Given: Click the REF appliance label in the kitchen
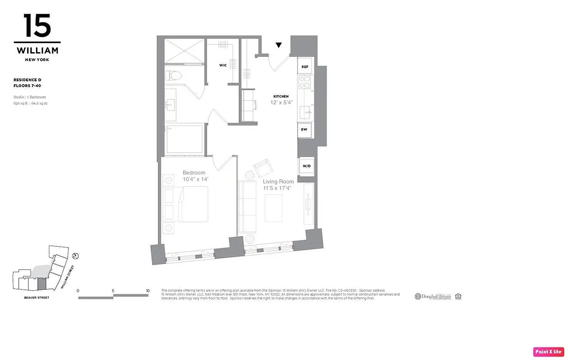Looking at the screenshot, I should pyautogui.click(x=305, y=67).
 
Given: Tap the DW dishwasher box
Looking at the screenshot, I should pyautogui.click(x=304, y=129).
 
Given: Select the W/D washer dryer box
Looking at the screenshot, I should pyautogui.click(x=306, y=166).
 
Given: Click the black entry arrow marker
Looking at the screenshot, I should pyautogui.click(x=279, y=45).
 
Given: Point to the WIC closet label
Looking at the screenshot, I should pyautogui.click(x=223, y=65).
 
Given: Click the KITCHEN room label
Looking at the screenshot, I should pyautogui.click(x=281, y=96).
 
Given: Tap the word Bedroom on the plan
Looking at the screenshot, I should pyautogui.click(x=194, y=173).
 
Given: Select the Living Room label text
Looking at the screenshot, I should pyautogui.click(x=278, y=182).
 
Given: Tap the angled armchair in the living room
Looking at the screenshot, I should pyautogui.click(x=263, y=168).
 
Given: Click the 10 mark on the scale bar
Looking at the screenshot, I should pyautogui.click(x=148, y=291).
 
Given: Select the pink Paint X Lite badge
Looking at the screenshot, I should pyautogui.click(x=548, y=351).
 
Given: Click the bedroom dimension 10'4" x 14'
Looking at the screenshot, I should pyautogui.click(x=196, y=180).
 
